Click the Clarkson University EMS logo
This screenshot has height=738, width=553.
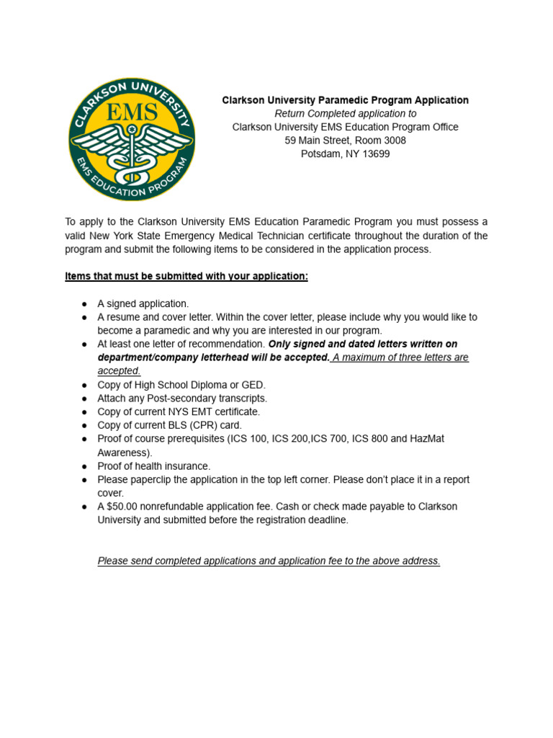click(x=131, y=138)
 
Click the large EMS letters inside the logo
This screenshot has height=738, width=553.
click(x=130, y=114)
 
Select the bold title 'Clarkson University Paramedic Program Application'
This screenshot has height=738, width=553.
click(x=345, y=100)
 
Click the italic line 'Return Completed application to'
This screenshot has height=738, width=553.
click(x=345, y=114)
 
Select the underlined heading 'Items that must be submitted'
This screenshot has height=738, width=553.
click(x=186, y=276)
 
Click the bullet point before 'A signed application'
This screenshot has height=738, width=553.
click(x=84, y=303)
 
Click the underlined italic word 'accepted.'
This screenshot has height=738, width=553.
click(x=119, y=370)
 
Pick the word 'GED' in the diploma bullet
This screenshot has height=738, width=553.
click(x=254, y=384)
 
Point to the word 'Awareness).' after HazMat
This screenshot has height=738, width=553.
click(x=125, y=452)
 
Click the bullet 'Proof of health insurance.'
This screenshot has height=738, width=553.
click(x=153, y=466)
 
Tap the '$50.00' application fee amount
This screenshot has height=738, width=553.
click(x=122, y=506)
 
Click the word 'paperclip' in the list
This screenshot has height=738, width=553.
click(x=150, y=479)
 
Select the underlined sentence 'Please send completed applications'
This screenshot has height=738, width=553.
click(x=269, y=561)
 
